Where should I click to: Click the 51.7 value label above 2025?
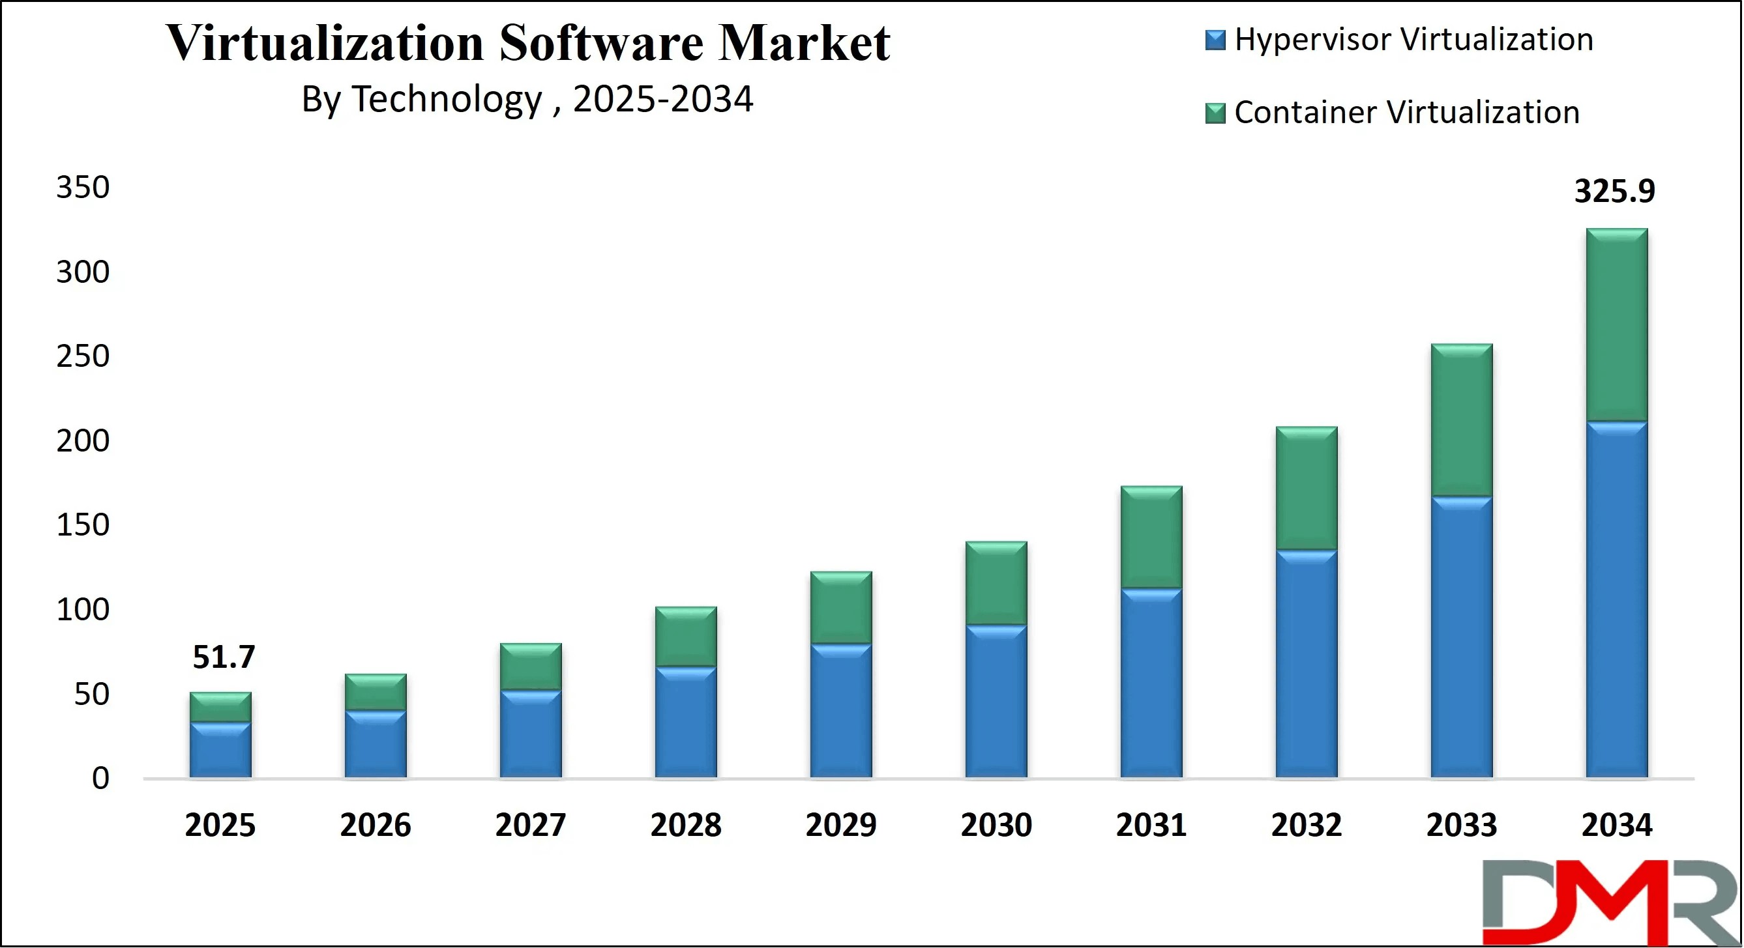[x=224, y=657]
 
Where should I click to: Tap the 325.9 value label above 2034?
[x=1615, y=191]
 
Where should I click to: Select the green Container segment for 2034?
[x=1617, y=325]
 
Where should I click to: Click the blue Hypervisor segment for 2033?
[x=1462, y=636]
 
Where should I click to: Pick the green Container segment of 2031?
[x=1151, y=538]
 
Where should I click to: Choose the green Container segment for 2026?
[x=376, y=692]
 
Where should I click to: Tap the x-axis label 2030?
[x=996, y=825]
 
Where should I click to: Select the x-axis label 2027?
[x=530, y=825]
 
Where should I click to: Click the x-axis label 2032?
[x=1306, y=825]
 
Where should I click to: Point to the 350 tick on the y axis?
[x=83, y=188]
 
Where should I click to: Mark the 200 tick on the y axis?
[x=83, y=441]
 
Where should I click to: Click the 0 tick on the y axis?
[x=100, y=779]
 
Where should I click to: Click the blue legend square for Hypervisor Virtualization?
[x=1215, y=40]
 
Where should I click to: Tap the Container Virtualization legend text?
[x=1406, y=112]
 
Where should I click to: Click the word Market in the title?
[x=804, y=43]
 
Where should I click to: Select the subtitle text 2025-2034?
[x=663, y=100]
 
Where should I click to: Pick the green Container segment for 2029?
[x=841, y=607]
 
